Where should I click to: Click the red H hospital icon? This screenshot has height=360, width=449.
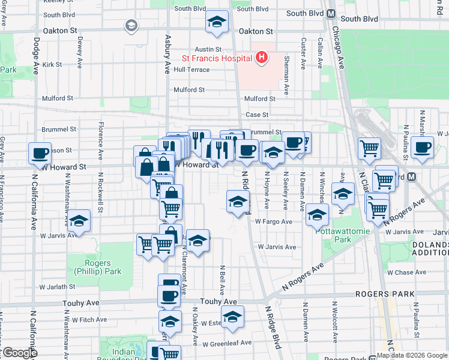(x=261, y=58)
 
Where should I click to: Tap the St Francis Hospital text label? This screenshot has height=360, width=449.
(x=217, y=58)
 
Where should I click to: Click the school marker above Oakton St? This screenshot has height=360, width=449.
(x=217, y=23)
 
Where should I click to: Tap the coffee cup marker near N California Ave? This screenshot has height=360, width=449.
(x=40, y=154)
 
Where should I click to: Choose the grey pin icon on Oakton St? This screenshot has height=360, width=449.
(x=131, y=25)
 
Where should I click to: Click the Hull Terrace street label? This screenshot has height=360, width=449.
(x=191, y=70)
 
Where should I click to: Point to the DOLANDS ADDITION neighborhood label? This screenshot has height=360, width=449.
(x=430, y=250)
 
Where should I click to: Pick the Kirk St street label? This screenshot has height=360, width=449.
(x=52, y=64)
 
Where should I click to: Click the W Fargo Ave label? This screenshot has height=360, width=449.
(x=273, y=221)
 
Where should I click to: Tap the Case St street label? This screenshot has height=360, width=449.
(x=256, y=115)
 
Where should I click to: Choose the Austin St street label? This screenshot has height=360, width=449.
(x=207, y=49)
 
